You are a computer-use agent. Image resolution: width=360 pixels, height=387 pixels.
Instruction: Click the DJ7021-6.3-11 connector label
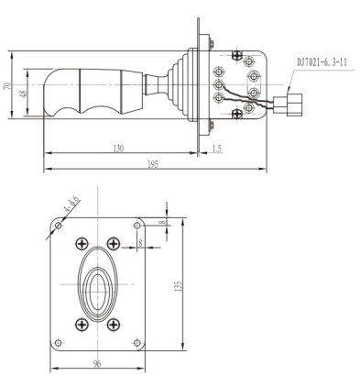(x=322, y=62)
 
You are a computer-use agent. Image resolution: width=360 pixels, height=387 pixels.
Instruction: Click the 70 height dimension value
(x=7, y=85)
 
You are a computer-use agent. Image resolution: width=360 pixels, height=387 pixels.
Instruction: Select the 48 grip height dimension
(x=23, y=93)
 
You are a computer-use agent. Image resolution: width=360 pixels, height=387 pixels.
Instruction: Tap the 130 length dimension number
(x=118, y=149)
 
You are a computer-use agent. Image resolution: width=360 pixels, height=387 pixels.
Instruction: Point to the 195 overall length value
(x=153, y=164)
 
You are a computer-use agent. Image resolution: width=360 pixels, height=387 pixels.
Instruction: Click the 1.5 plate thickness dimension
(x=216, y=149)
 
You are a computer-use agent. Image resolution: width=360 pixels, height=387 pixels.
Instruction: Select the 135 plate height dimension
(x=179, y=286)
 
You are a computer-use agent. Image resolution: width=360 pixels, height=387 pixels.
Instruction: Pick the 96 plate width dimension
(x=97, y=364)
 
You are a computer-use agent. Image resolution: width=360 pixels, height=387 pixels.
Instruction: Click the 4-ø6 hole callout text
(x=71, y=205)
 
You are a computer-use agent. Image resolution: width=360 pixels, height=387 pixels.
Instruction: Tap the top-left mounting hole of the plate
(x=58, y=226)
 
